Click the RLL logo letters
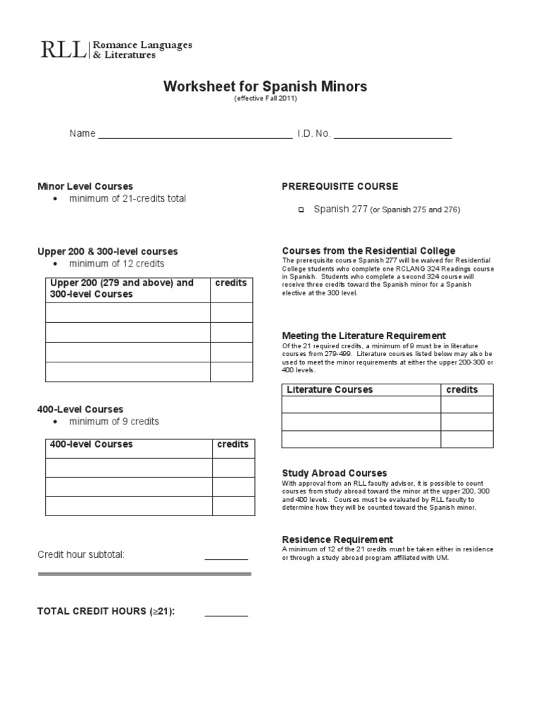click(63, 50)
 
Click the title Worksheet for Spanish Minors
click(266, 87)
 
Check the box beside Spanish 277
click(301, 210)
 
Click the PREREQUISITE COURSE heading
click(340, 186)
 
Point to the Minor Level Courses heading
click(85, 186)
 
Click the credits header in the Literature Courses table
click(462, 390)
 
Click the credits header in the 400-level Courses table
click(232, 444)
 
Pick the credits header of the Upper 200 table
click(231, 283)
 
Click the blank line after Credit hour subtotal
click(226, 557)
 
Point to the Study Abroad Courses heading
click(335, 472)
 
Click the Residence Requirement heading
click(337, 539)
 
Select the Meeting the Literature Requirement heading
click(363, 336)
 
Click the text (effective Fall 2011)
click(266, 100)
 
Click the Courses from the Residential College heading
click(368, 250)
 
